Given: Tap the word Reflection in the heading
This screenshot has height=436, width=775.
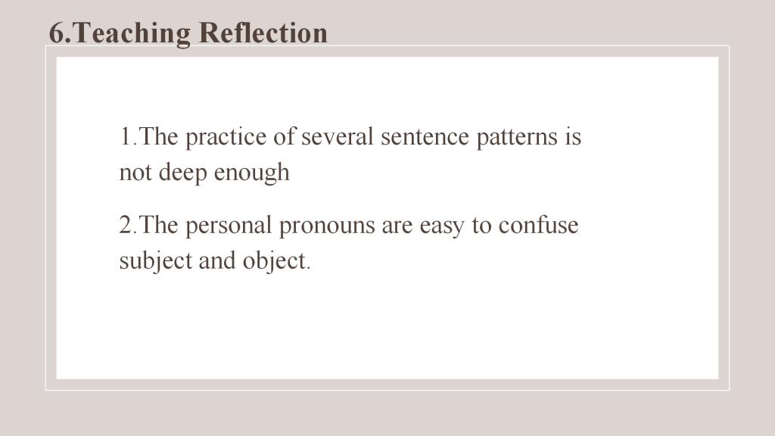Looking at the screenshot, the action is (x=263, y=33).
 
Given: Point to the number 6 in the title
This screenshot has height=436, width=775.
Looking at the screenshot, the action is (x=56, y=33).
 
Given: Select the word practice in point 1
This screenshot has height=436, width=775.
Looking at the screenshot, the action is (x=226, y=138).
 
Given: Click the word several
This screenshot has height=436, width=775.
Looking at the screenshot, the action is (x=337, y=137).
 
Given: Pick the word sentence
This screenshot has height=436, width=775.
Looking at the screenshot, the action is (x=425, y=138).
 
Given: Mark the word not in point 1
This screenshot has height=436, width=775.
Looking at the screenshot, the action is (x=135, y=173).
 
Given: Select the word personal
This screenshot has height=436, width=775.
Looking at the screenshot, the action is (x=229, y=226).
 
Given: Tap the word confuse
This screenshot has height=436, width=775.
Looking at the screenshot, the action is (x=538, y=226).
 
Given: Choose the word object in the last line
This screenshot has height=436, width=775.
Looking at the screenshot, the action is (x=274, y=261).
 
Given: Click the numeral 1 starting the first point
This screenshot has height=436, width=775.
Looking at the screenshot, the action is (x=126, y=137).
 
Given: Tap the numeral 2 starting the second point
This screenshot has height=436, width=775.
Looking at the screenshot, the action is (x=126, y=226).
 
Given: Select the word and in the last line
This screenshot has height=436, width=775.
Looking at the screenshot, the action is (x=217, y=260).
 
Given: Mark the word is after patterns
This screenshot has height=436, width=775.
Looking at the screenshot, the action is (x=574, y=137).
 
